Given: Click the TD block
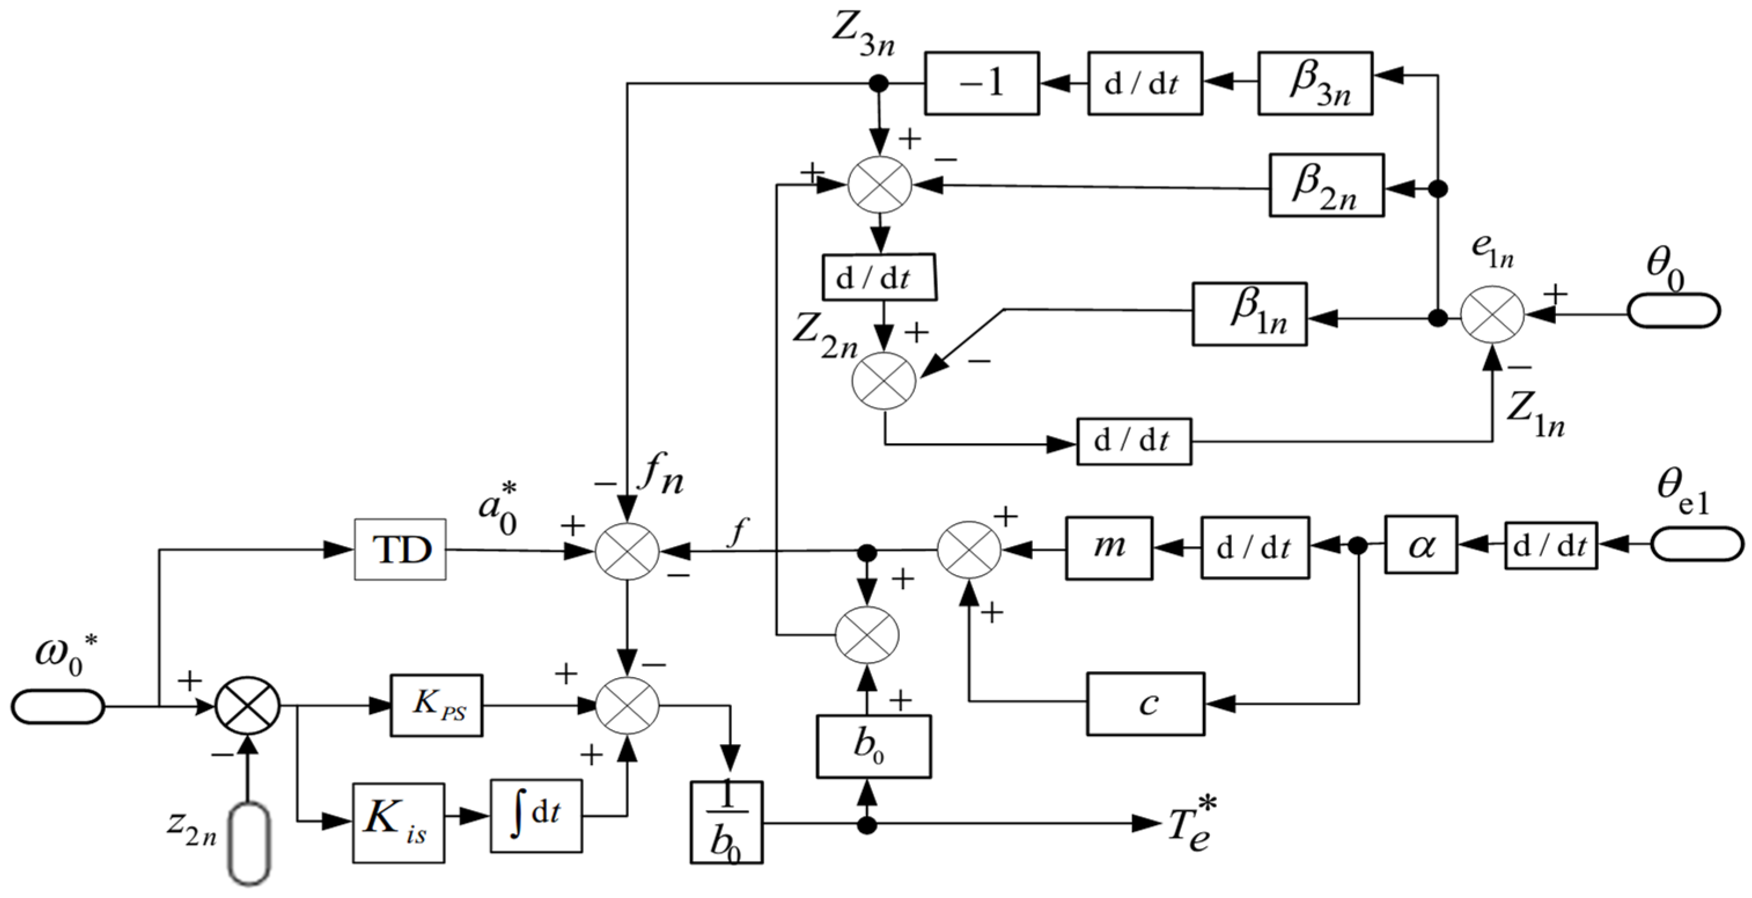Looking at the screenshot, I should [x=400, y=550].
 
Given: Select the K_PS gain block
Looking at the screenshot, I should [x=437, y=705].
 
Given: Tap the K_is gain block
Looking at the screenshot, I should [x=399, y=823].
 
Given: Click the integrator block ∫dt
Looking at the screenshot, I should [x=536, y=816].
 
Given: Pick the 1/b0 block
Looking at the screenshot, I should [x=726, y=822].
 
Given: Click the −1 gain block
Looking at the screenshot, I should [x=981, y=83].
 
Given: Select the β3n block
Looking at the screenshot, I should [x=1315, y=82].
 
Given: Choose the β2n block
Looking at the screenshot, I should [x=1326, y=186].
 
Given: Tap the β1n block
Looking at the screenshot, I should [x=1249, y=314].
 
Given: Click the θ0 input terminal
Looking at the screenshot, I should [x=1673, y=311].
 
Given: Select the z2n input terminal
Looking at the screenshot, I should [x=249, y=843].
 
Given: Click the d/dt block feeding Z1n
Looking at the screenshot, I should [x=1134, y=441].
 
